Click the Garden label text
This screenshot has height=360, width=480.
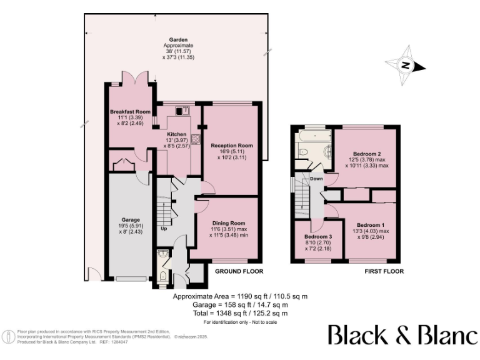[179, 39]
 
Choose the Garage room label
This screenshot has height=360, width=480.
[130, 220]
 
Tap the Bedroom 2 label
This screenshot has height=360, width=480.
[366, 153]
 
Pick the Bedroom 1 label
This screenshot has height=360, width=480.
[371, 225]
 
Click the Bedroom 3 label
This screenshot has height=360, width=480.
[319, 237]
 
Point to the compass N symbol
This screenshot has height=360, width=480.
[405, 66]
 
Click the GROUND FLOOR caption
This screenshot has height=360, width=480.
[239, 272]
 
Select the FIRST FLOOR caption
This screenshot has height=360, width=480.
[384, 272]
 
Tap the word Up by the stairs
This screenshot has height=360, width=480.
[164, 228]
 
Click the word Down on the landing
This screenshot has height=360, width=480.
[317, 179]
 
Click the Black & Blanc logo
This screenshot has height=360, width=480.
[402, 335]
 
